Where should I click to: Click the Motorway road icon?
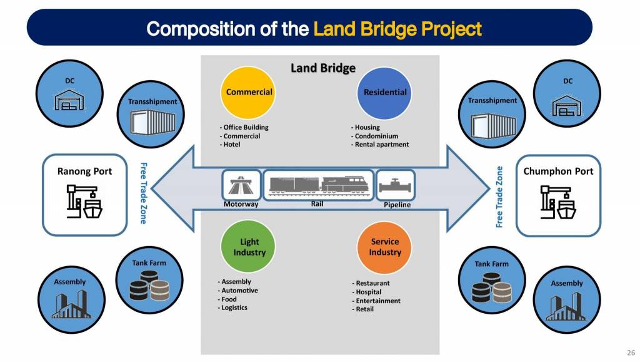[x=241, y=185]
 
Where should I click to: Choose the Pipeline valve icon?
[x=396, y=185]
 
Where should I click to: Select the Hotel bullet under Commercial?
[x=231, y=145]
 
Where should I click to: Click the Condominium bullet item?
[x=376, y=136]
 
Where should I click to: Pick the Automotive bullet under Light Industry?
[x=239, y=291]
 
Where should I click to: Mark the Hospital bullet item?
[x=367, y=292]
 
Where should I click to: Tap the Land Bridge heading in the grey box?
[x=322, y=68]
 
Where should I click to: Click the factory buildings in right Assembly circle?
[x=566, y=306]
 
